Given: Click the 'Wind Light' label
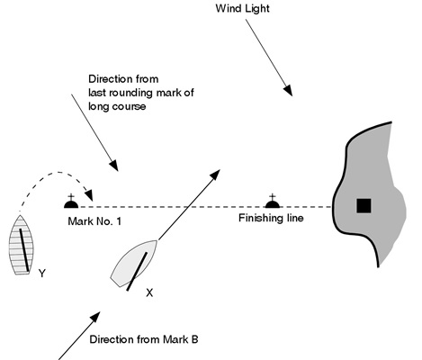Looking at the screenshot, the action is click(x=242, y=8).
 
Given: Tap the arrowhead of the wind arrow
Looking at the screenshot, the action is click(x=288, y=90).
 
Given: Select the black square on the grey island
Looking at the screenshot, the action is click(x=364, y=206).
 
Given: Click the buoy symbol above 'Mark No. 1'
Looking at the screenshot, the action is click(x=71, y=202).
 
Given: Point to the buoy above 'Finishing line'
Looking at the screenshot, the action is click(x=273, y=201).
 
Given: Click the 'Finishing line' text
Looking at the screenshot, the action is click(x=271, y=218).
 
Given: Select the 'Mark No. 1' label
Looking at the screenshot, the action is click(x=94, y=221).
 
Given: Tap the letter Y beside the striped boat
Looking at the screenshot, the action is click(x=42, y=274).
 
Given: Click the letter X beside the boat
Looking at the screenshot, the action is click(x=149, y=292).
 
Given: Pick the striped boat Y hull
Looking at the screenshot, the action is click(x=21, y=245).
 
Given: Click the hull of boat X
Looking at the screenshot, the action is click(x=134, y=264).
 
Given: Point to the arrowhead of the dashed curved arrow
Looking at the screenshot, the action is click(x=89, y=195).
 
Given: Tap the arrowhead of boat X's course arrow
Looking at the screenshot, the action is click(x=215, y=175).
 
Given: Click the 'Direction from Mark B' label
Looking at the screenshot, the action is click(x=144, y=339).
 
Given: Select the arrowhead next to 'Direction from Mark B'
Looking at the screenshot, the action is click(x=94, y=318).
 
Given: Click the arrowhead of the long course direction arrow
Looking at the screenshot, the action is click(x=113, y=166).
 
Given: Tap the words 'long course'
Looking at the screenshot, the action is click(x=117, y=106).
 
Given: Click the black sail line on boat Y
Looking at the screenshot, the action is click(x=24, y=250).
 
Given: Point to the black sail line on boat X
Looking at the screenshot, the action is click(x=137, y=272).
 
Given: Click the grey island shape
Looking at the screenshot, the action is click(x=370, y=194).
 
